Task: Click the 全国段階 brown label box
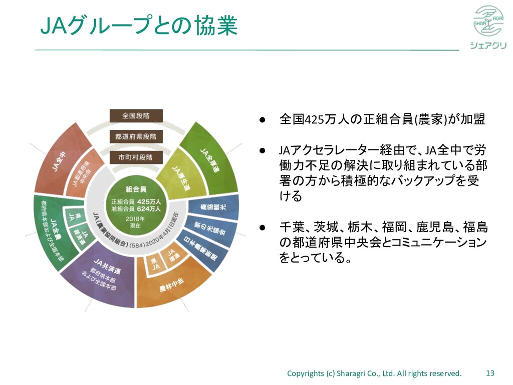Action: pyautogui.click(x=136, y=116)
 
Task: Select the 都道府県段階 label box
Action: pyautogui.click(x=136, y=136)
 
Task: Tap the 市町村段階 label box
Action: pyautogui.click(x=136, y=157)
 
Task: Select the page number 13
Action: pyautogui.click(x=490, y=373)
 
